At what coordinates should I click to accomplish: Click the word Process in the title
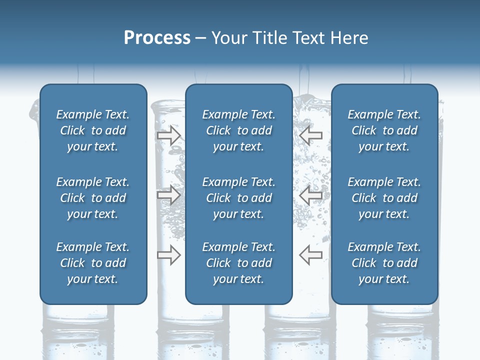[157, 38]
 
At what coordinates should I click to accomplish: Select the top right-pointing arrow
[168, 135]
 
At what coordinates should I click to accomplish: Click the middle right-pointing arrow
[168, 195]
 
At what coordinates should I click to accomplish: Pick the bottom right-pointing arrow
[168, 254]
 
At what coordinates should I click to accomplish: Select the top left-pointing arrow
[311, 135]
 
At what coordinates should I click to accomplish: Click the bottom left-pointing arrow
[311, 254]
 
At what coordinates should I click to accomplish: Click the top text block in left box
[93, 130]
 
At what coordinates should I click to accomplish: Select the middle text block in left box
[93, 198]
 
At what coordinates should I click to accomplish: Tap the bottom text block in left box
[93, 263]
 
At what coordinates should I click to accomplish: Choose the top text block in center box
[238, 130]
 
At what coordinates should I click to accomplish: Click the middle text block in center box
[238, 198]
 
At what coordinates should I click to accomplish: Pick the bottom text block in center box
[238, 263]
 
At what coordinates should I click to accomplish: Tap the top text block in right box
[384, 130]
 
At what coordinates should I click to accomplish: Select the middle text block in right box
[384, 198]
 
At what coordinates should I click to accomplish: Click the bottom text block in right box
[384, 263]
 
